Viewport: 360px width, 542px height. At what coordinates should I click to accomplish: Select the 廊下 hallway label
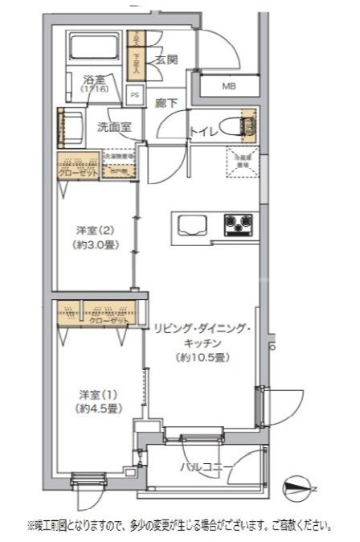[x=166, y=103]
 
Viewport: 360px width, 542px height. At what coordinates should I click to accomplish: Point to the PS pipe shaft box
[x=134, y=94]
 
